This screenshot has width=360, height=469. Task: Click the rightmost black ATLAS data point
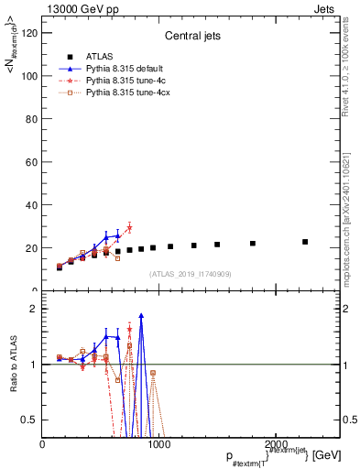pyautogui.click(x=305, y=242)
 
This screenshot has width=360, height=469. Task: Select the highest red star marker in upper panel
pyautogui.click(x=129, y=228)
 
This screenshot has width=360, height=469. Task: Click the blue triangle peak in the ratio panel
pyautogui.click(x=141, y=315)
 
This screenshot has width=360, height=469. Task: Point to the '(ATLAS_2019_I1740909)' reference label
pyautogui.click(x=190, y=274)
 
